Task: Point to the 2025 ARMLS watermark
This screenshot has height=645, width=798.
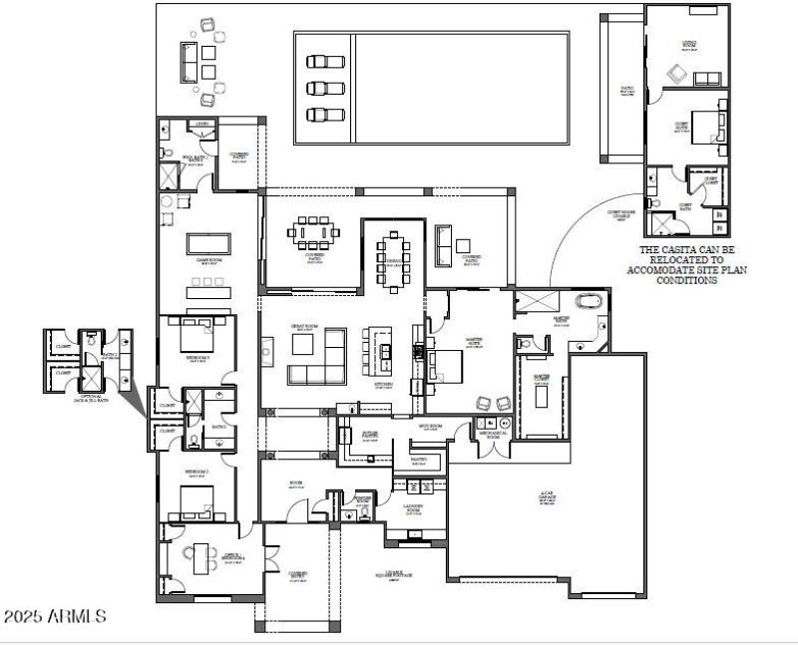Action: coord(55,617)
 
